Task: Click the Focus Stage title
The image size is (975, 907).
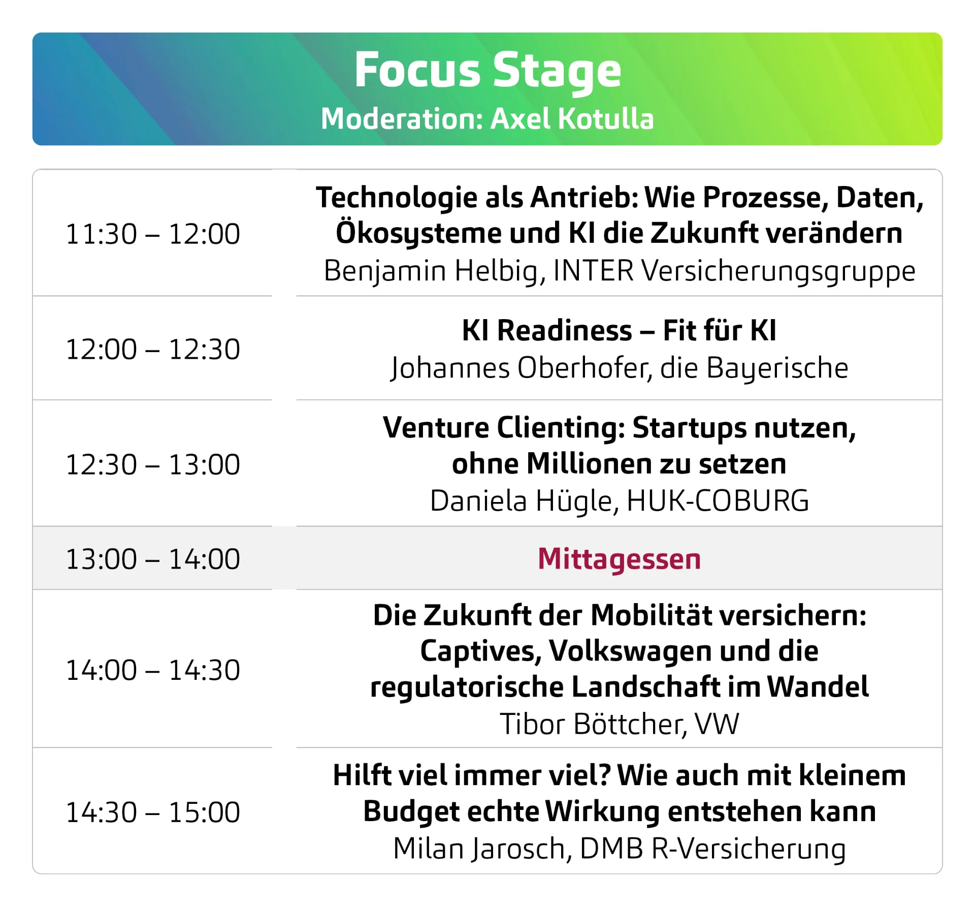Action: [x=487, y=71]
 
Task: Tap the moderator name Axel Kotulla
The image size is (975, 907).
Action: [x=572, y=119]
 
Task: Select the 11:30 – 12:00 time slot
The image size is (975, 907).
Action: [x=153, y=234]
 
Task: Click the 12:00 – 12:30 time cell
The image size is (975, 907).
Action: [x=153, y=349]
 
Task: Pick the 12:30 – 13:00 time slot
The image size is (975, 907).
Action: [x=153, y=464]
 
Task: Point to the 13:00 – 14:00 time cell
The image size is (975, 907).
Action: [x=153, y=559]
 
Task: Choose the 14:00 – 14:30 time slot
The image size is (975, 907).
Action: [x=153, y=670]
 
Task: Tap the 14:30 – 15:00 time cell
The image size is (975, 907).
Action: [x=153, y=812]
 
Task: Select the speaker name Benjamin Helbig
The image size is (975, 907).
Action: [x=434, y=271]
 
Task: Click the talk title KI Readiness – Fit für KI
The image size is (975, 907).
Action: [x=619, y=330]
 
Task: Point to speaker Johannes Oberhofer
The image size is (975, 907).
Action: [x=521, y=368]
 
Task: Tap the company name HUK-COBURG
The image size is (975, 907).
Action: [x=718, y=501]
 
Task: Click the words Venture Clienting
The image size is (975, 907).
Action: [x=504, y=428]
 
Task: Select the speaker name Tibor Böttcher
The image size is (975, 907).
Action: [x=593, y=724]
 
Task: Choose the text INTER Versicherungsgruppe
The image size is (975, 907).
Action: [x=734, y=271]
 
